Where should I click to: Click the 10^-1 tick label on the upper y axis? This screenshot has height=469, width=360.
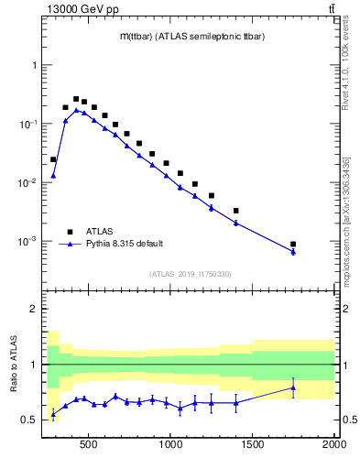tap(28, 124)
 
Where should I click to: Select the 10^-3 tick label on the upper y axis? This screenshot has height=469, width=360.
tap(28, 241)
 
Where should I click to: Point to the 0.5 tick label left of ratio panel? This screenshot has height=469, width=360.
tap(30, 420)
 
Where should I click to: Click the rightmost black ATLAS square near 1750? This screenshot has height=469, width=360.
tap(293, 245)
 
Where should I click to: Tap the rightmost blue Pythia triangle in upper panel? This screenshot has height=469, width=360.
tap(293, 252)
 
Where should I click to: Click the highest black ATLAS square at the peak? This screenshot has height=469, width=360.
tap(76, 99)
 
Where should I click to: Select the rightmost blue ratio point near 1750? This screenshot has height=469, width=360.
tap(293, 387)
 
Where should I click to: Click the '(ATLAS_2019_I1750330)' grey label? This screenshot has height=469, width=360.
tap(190, 274)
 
